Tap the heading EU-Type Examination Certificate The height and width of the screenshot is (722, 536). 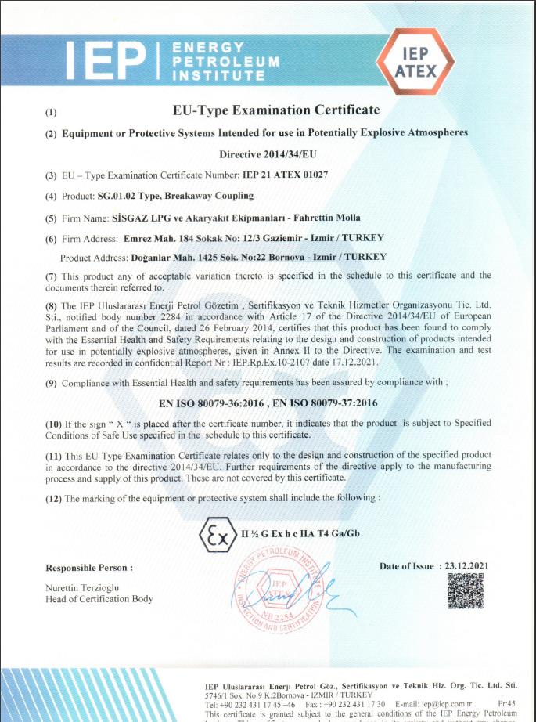276,110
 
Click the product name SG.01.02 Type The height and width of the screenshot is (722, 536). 130,196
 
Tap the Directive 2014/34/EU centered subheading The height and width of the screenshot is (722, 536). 268,155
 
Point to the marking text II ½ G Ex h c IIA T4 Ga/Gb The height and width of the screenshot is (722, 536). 299,535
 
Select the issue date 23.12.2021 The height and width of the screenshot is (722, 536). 466,566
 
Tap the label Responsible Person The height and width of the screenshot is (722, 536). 88,567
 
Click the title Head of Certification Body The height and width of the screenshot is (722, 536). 99,599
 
